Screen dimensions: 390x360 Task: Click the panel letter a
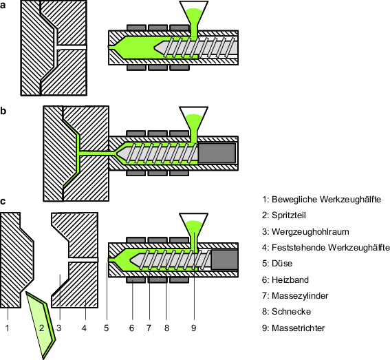(3, 5)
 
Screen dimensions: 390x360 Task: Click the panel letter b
(3, 111)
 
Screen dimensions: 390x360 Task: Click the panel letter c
(3, 201)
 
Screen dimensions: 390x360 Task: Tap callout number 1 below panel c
(8, 328)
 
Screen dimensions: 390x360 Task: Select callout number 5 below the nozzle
(107, 328)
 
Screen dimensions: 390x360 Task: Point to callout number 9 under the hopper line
(193, 328)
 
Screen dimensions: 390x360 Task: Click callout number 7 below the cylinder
(149, 328)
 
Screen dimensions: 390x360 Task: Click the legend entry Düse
(277, 264)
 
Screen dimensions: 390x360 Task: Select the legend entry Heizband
(285, 280)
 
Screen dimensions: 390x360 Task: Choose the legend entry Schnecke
(286, 311)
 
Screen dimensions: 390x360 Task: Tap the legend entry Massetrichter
(293, 328)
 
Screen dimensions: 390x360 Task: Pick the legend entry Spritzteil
(284, 215)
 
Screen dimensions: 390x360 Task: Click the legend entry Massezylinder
(295, 296)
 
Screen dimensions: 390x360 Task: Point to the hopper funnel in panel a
(194, 15)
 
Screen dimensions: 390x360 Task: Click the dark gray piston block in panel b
(217, 153)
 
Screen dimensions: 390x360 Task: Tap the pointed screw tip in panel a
(155, 47)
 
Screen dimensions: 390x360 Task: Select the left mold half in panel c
(17, 260)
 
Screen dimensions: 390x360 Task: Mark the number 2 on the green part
(41, 328)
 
